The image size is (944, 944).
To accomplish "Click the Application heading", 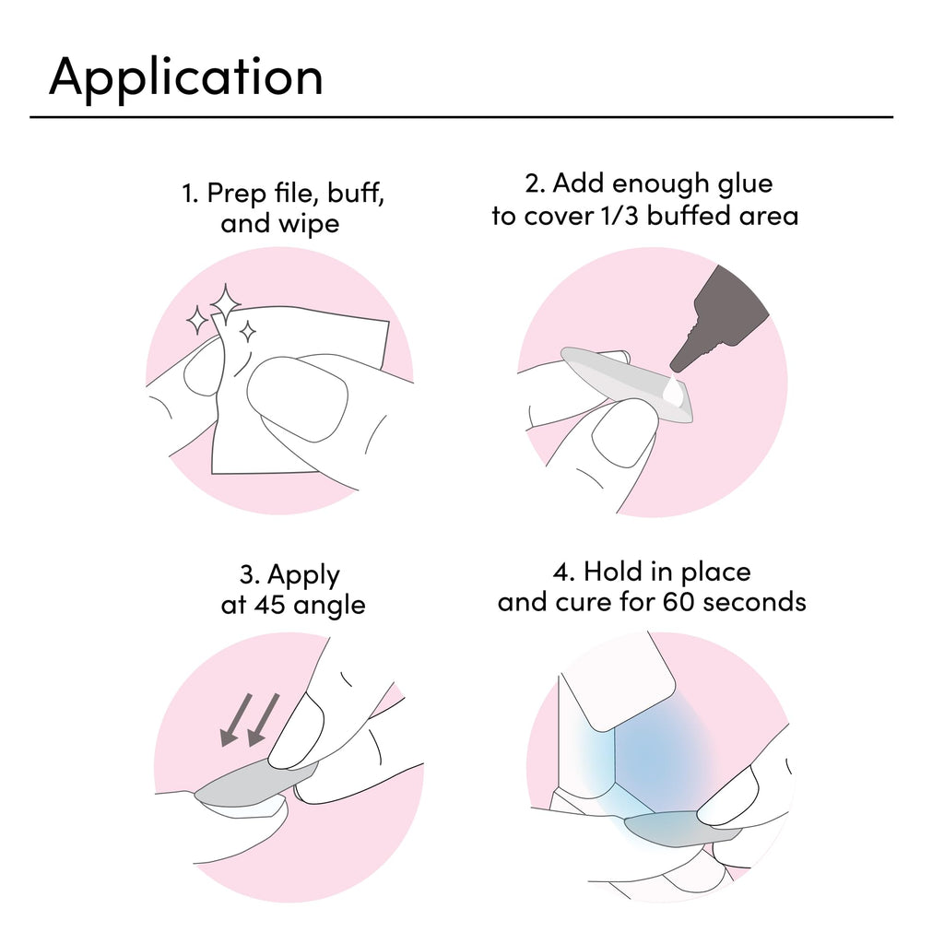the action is click(x=186, y=78).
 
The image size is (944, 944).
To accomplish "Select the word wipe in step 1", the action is click(x=309, y=225).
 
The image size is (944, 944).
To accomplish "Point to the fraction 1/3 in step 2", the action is click(x=620, y=216).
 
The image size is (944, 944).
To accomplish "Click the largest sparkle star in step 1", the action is click(x=225, y=304).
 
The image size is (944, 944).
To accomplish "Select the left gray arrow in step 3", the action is click(x=235, y=720).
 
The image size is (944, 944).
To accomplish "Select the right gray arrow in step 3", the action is click(x=263, y=720).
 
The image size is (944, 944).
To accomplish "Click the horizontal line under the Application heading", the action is click(x=461, y=117).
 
